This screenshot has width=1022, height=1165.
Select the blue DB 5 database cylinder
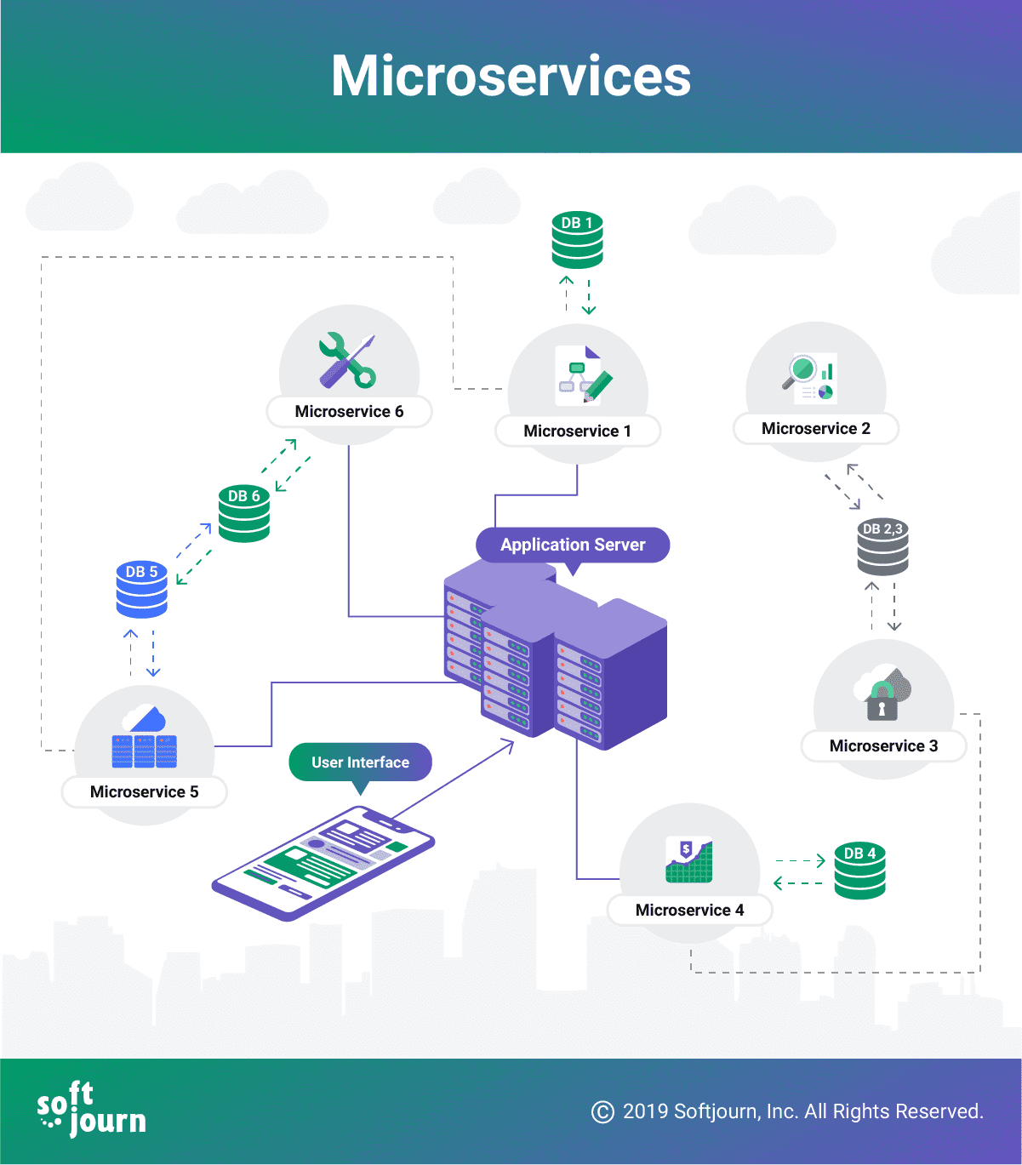(x=141, y=589)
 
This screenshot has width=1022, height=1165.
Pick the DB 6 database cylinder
(x=244, y=514)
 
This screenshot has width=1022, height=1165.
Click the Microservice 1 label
(x=577, y=431)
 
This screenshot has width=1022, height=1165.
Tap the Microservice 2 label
(x=815, y=429)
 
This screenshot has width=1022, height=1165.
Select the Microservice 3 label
(x=883, y=746)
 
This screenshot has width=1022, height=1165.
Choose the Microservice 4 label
(x=689, y=911)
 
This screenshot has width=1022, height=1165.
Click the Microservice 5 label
(x=144, y=792)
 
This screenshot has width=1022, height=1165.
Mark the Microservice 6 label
(x=349, y=412)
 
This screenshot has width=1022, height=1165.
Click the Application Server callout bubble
(x=573, y=545)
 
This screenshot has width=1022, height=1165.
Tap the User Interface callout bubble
(x=360, y=762)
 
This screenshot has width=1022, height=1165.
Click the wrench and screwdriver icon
(x=348, y=360)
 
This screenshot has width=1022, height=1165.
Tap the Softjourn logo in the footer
(x=91, y=1110)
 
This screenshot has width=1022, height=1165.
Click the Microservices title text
(x=511, y=77)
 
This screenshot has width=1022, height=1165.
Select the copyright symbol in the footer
(x=602, y=1112)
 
